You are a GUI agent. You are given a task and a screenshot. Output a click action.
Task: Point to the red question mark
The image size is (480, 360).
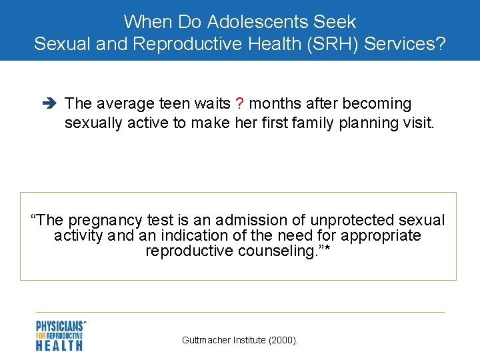(239, 103)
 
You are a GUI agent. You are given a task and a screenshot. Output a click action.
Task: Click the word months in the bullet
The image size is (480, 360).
(275, 103)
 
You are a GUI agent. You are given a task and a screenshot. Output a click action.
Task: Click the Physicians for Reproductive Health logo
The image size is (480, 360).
(61, 335)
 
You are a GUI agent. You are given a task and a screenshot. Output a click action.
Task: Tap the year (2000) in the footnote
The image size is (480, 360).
(283, 340)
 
